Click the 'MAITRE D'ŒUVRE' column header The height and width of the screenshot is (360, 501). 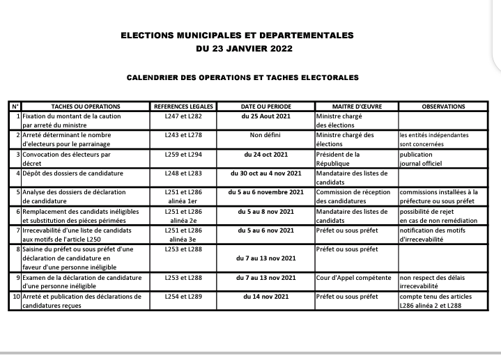click(x=355, y=107)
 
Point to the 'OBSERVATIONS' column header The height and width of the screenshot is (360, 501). click(x=443, y=107)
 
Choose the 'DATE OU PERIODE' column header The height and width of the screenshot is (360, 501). click(x=266, y=107)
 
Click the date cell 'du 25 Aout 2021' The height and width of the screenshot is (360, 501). click(x=266, y=116)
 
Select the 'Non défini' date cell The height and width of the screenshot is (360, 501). click(x=266, y=135)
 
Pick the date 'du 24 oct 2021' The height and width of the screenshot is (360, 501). click(x=266, y=154)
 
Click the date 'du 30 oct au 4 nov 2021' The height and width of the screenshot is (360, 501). click(x=266, y=173)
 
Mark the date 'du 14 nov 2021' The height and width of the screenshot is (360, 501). click(x=266, y=297)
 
